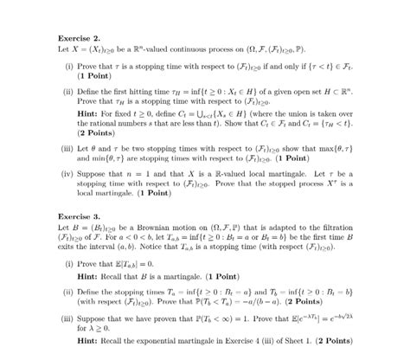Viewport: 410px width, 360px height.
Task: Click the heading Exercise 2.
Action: pyautogui.click(x=79, y=38)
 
